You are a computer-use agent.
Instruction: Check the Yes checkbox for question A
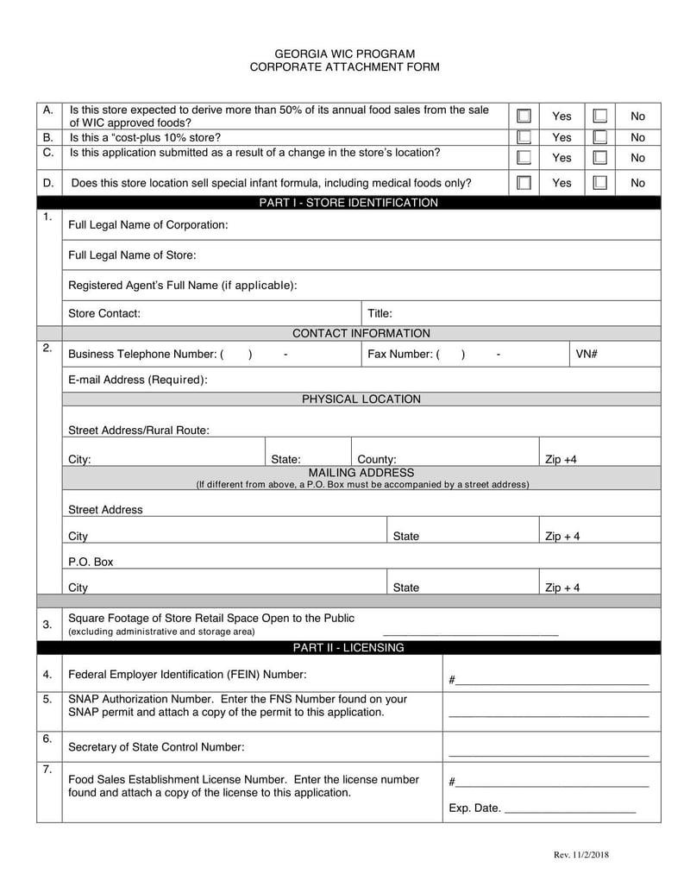(x=524, y=116)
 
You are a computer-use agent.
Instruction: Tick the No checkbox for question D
(x=600, y=182)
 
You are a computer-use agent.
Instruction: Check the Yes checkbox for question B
(x=524, y=137)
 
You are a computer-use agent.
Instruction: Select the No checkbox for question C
(x=600, y=157)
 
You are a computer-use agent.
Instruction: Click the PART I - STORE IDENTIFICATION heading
(x=348, y=203)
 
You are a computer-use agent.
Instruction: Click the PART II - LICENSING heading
(x=348, y=647)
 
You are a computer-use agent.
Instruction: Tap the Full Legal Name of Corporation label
(x=147, y=224)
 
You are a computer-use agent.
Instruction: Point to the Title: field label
(x=379, y=313)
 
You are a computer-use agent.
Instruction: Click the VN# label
(x=586, y=354)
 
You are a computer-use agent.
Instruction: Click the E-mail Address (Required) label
(x=137, y=380)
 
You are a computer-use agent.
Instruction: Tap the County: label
(x=376, y=460)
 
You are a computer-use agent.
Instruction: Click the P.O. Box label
(x=91, y=562)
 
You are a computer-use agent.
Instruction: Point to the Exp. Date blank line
(x=569, y=813)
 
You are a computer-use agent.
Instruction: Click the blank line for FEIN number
(x=552, y=683)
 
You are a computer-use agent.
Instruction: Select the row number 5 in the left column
(x=48, y=699)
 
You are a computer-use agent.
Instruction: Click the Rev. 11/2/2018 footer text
(x=580, y=855)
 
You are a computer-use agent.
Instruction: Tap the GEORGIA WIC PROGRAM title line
(x=344, y=53)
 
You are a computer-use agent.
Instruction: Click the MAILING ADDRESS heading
(x=361, y=473)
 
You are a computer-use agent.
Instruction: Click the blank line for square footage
(x=470, y=633)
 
